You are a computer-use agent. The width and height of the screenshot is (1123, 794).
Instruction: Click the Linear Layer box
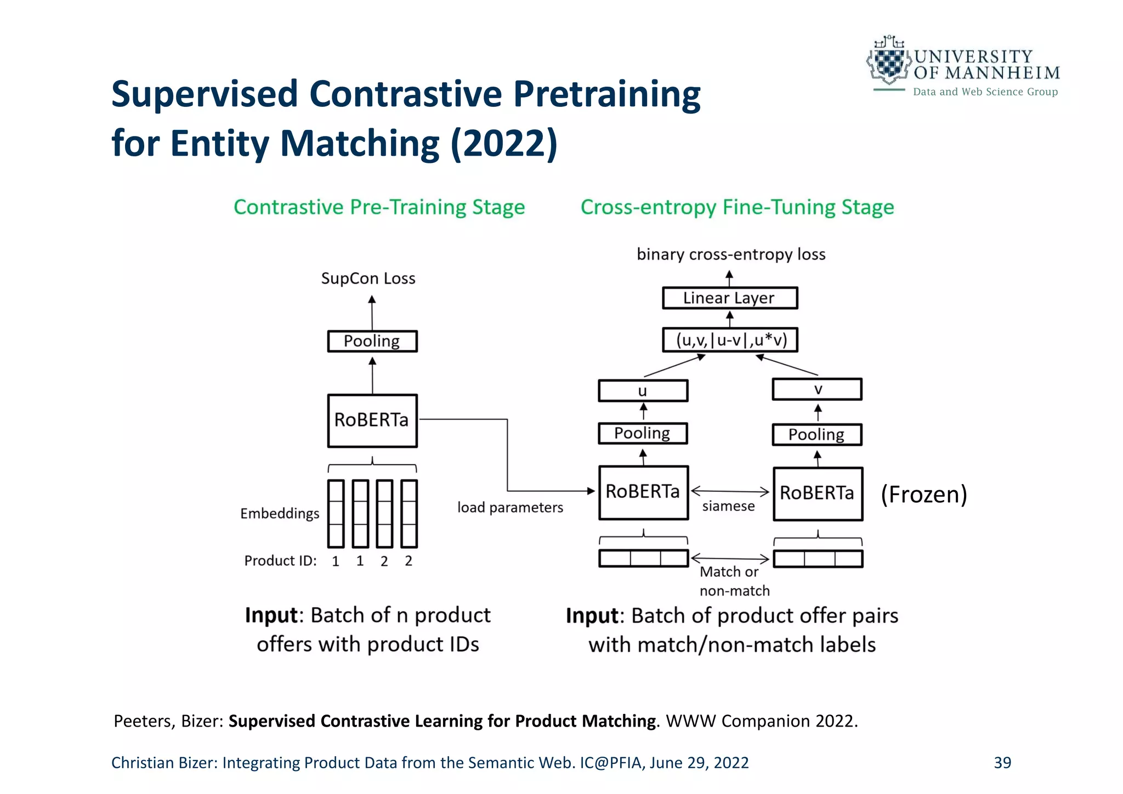pyautogui.click(x=729, y=298)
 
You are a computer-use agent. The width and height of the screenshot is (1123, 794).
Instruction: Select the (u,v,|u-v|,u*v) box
pyautogui.click(x=730, y=340)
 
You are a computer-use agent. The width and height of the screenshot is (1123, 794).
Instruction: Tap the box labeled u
pyautogui.click(x=643, y=391)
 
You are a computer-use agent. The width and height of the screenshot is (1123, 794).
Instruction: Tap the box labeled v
pyautogui.click(x=817, y=389)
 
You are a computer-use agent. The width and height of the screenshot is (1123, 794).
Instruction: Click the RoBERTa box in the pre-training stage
pyautogui.click(x=372, y=420)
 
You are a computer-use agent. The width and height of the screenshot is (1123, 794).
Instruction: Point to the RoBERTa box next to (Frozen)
pyautogui.click(x=817, y=494)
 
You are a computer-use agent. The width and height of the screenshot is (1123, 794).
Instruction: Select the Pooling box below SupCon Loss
pyautogui.click(x=372, y=341)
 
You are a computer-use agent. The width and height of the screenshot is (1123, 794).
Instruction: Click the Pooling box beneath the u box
pyautogui.click(x=642, y=433)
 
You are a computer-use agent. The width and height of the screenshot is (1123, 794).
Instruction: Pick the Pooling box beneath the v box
pyautogui.click(x=816, y=434)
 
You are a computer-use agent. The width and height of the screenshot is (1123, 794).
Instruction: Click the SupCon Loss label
pyautogui.click(x=368, y=279)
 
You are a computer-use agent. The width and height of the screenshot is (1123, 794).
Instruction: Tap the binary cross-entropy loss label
pyautogui.click(x=731, y=254)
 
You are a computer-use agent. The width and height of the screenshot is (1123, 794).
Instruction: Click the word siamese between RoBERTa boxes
pyautogui.click(x=728, y=506)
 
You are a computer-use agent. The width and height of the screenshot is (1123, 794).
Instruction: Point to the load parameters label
pyautogui.click(x=510, y=507)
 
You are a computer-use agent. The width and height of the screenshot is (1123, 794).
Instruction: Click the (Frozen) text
pyautogui.click(x=923, y=494)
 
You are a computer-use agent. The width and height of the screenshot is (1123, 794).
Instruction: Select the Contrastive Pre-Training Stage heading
pyautogui.click(x=379, y=207)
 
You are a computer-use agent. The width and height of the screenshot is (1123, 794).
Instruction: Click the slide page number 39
pyautogui.click(x=1002, y=763)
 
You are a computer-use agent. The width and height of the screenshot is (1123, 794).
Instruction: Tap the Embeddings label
pyautogui.click(x=280, y=514)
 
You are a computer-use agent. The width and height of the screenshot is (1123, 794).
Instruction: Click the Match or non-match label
pyautogui.click(x=734, y=581)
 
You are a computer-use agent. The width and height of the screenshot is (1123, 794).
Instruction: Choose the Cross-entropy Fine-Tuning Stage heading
pyautogui.click(x=737, y=207)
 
